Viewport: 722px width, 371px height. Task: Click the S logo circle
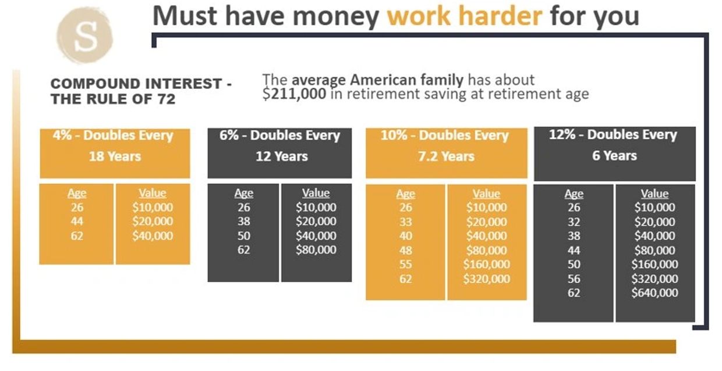tap(85, 35)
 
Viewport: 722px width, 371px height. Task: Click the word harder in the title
tap(501, 16)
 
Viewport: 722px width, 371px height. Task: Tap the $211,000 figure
tap(294, 94)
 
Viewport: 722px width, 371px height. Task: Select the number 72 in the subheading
tap(167, 99)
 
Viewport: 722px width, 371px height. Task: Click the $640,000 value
tap(654, 293)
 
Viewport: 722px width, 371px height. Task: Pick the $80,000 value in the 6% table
tap(316, 249)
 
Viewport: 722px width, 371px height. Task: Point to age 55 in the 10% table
tap(405, 264)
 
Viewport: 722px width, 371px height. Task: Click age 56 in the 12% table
tap(574, 279)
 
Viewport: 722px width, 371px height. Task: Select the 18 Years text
tap(115, 156)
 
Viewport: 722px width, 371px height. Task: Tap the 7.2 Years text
tap(447, 156)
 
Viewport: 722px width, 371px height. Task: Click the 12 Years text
tap(282, 156)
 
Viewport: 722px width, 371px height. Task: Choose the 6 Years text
tap(615, 156)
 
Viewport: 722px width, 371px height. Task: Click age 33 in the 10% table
tap(405, 222)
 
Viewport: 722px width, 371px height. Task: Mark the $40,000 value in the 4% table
tap(153, 236)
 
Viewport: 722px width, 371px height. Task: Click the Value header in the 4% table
tap(153, 193)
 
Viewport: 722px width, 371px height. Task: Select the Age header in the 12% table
tap(574, 194)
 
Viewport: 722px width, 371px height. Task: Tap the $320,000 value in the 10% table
tap(486, 279)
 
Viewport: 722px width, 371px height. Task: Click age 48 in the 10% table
tap(405, 250)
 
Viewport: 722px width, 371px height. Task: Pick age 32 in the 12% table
tap(574, 222)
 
